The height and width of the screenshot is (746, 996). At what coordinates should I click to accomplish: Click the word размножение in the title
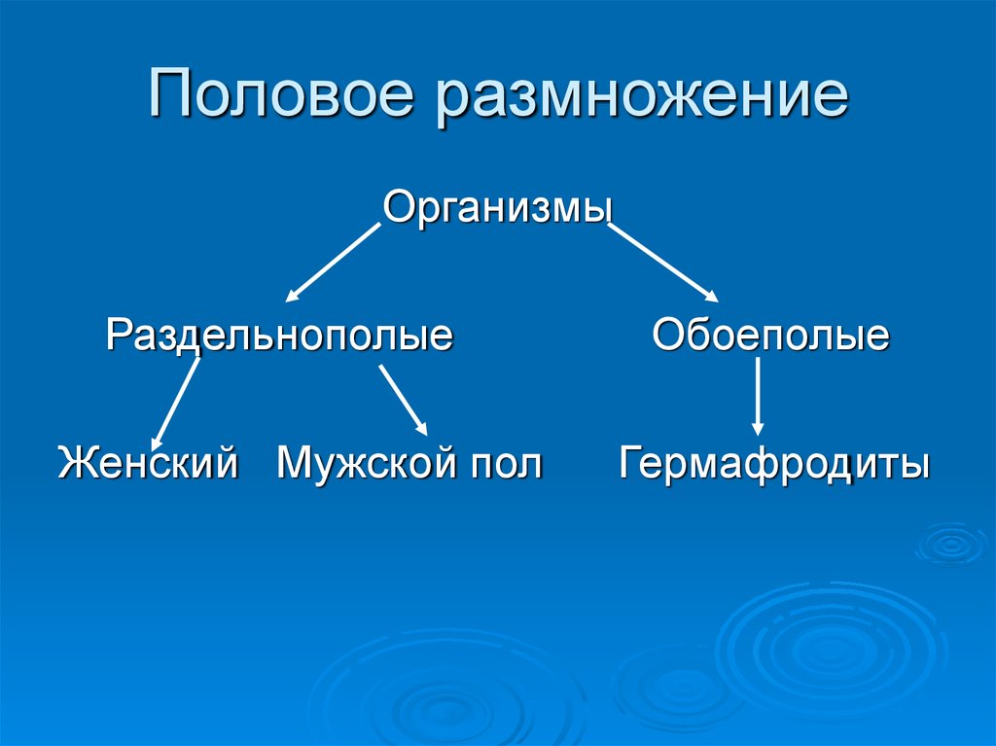click(642, 98)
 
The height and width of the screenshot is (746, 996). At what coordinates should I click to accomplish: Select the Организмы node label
click(498, 207)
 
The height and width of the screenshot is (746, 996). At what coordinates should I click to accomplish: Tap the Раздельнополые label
click(279, 335)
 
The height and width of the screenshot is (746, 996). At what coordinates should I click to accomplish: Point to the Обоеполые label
click(770, 335)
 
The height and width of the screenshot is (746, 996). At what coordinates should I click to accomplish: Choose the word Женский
click(148, 462)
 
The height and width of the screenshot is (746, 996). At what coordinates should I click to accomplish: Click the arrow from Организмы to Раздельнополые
click(333, 263)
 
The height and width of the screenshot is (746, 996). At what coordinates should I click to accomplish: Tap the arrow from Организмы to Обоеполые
click(662, 263)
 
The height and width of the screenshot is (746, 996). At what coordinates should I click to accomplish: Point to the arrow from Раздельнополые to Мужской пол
click(404, 401)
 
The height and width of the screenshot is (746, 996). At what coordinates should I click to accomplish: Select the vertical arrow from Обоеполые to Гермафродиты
click(757, 396)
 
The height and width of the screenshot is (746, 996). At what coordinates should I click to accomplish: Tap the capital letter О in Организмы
click(398, 207)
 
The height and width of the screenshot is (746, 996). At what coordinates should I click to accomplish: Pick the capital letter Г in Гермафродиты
click(631, 461)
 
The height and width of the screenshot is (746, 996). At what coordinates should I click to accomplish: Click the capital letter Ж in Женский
click(76, 462)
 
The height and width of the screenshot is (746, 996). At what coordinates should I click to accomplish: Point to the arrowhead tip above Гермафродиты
click(757, 436)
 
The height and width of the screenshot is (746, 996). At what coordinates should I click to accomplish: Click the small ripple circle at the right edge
click(951, 544)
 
